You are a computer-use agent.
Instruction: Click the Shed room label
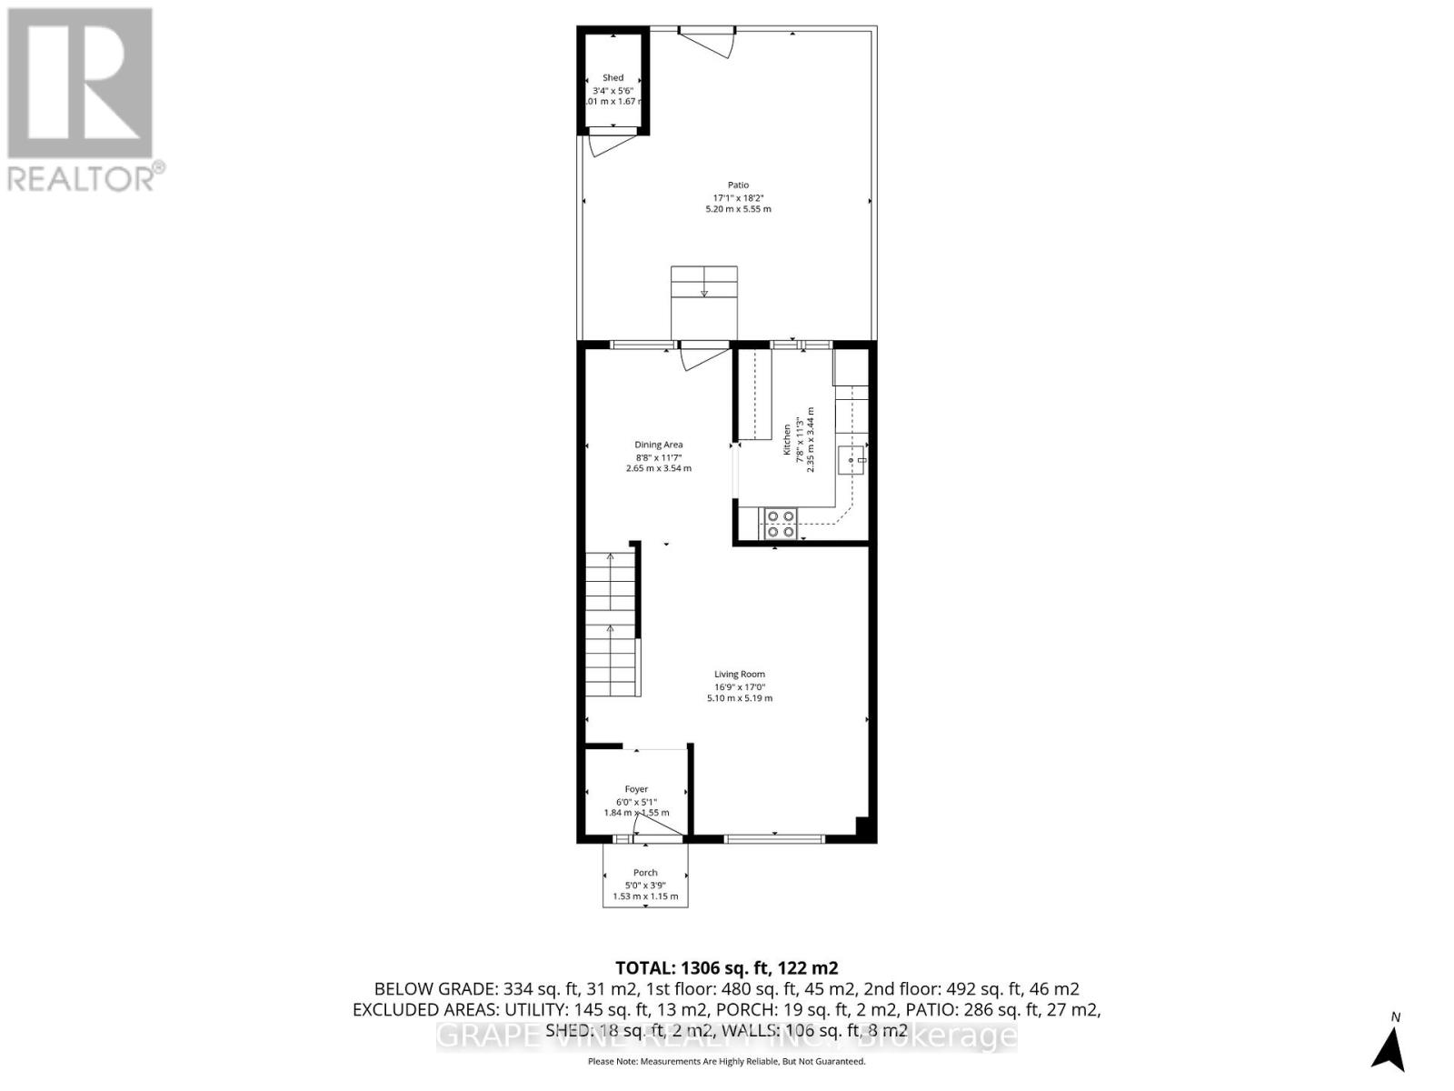(613, 78)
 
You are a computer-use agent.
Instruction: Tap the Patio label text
(738, 185)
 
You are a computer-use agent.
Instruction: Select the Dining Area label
(659, 445)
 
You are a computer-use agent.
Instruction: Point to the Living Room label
(740, 675)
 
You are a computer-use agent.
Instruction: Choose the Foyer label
(636, 789)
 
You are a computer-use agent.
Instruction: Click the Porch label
(645, 873)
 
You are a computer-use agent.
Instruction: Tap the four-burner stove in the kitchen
(781, 524)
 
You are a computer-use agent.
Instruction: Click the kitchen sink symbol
(854, 462)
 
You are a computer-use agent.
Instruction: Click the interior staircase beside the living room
(612, 624)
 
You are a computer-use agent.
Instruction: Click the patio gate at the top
(707, 41)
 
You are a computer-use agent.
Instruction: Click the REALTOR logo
(82, 100)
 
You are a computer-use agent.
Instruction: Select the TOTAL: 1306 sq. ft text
(727, 968)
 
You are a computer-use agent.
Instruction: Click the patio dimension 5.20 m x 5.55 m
(738, 209)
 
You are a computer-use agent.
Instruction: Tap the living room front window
(775, 838)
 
